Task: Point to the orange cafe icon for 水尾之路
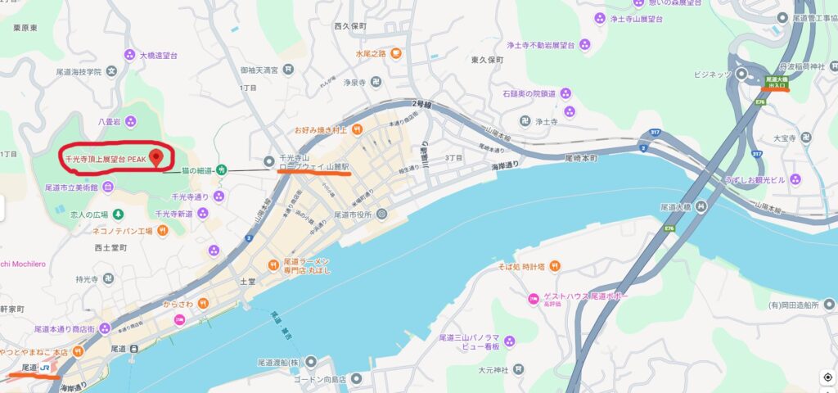click(x=395, y=54)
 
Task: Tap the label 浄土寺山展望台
click(x=640, y=17)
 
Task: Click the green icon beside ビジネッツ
click(x=741, y=74)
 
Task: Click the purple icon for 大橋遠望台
click(x=129, y=55)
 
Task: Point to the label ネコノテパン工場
click(x=123, y=231)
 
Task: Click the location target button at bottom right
click(x=827, y=377)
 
